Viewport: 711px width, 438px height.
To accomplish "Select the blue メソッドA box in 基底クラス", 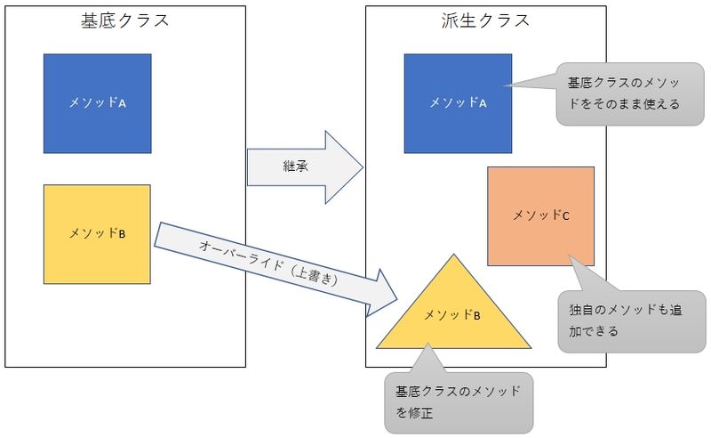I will [97, 102].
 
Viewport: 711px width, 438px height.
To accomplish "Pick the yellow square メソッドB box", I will [97, 233].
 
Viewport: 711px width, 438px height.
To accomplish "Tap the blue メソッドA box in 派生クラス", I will [457, 102].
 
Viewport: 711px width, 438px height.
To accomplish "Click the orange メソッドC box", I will [540, 215].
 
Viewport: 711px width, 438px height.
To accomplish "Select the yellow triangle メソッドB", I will [453, 316].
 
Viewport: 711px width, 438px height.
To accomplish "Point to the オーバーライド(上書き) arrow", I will [276, 267].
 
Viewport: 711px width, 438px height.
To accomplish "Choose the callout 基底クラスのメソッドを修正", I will [459, 401].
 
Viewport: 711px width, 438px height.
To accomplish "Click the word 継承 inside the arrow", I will [295, 167].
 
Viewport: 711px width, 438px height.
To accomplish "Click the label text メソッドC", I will [540, 215].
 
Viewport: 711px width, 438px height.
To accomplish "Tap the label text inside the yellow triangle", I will [453, 315].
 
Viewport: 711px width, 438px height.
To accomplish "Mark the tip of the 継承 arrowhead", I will [364, 167].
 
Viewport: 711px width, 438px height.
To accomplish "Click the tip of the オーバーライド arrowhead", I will [399, 300].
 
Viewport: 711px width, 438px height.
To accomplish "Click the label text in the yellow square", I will [97, 233].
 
